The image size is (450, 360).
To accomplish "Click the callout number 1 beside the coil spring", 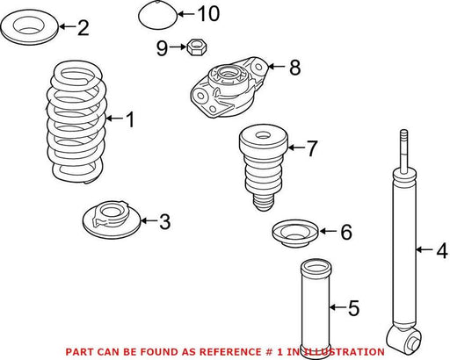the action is [x=130, y=119].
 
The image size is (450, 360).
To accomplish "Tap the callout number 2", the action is [x=83, y=27].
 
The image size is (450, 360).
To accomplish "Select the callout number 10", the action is [x=209, y=14].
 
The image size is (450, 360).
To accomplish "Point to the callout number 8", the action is [x=295, y=67].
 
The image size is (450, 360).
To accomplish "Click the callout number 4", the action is [x=442, y=249].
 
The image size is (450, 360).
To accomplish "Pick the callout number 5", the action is [x=354, y=307].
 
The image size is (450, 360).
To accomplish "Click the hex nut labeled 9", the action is [x=197, y=47].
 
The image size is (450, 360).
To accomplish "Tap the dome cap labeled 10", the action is [x=158, y=15].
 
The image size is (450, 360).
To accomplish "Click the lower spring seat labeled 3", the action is [x=111, y=220].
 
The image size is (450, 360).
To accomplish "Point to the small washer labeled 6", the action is [x=295, y=233].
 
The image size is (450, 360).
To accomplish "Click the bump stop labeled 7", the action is [x=264, y=167].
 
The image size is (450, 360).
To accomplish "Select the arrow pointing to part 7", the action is [x=297, y=148].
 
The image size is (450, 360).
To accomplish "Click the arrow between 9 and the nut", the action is [x=178, y=47].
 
